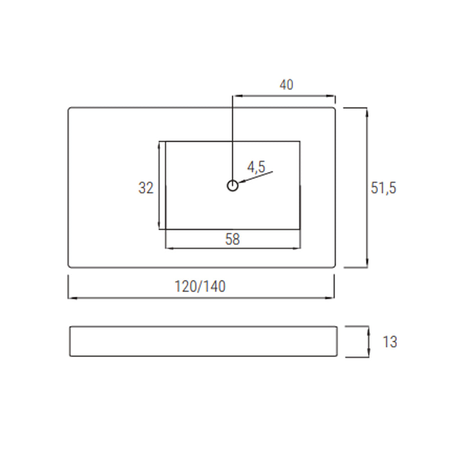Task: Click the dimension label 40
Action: [x=286, y=84]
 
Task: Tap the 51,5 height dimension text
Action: [x=383, y=187]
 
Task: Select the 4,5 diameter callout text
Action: [x=256, y=167]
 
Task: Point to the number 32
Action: [x=146, y=188]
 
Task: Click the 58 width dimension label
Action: [x=232, y=239]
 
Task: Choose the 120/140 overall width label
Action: [x=200, y=286]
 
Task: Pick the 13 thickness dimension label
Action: [x=390, y=342]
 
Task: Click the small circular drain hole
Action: [x=232, y=185]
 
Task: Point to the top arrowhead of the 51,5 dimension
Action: [x=367, y=111]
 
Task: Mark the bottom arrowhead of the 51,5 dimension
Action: [x=367, y=264]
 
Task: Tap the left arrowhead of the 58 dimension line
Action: [x=169, y=248]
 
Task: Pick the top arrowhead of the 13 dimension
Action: [x=369, y=329]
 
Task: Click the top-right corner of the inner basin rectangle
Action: [x=300, y=141]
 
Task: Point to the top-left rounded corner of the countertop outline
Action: [x=69, y=109]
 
